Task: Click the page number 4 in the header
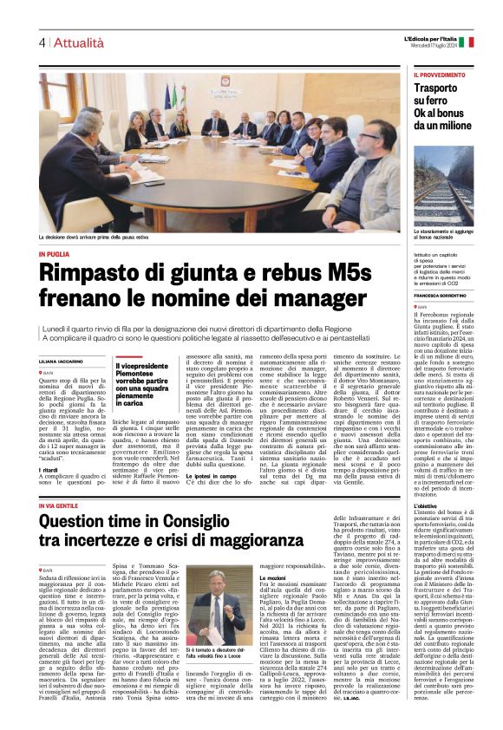click(x=42, y=43)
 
